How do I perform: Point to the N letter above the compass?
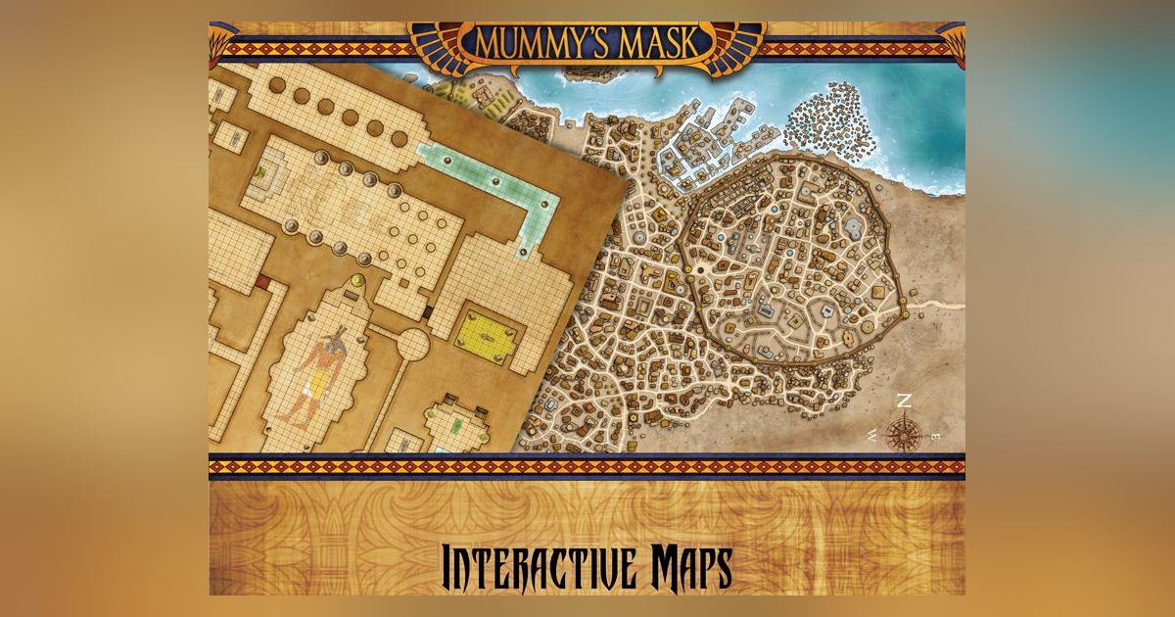point(905,401)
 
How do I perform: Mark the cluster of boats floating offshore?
point(831,122)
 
